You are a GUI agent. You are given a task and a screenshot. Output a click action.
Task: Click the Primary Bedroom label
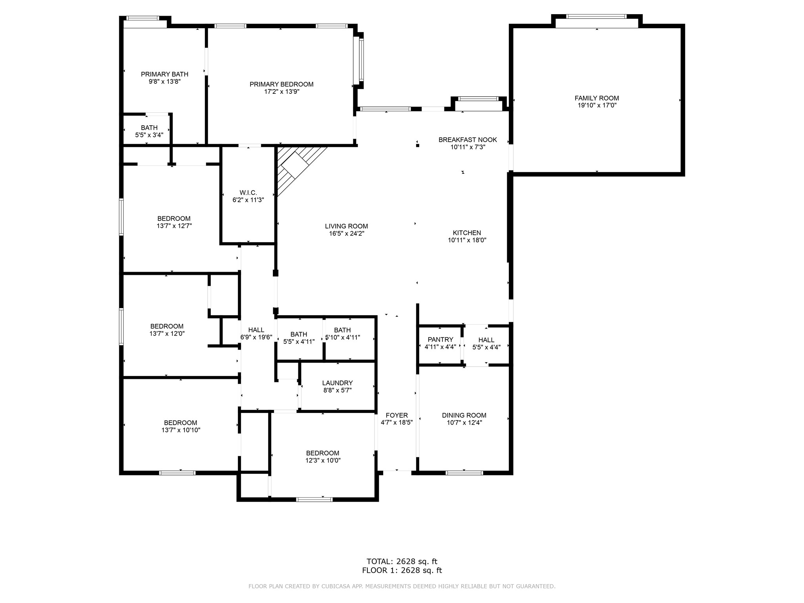point(281,84)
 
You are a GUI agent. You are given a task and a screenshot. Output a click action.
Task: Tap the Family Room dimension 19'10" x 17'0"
point(597,105)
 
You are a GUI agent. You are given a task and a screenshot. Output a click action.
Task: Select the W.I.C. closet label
point(248,193)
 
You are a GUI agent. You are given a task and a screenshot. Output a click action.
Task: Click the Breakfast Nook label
point(468,140)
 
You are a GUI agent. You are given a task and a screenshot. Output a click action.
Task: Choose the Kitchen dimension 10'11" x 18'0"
point(467,240)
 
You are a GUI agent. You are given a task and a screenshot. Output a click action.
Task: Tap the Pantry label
point(440,340)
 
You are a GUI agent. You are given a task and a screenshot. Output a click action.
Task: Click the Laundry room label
point(338,383)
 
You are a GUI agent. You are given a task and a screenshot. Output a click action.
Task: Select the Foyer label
point(397,415)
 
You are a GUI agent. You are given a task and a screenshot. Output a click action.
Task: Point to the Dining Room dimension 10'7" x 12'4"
point(464,423)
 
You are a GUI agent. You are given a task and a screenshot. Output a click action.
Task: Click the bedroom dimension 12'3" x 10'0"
point(323,460)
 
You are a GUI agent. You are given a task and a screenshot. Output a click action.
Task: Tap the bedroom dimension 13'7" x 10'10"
point(181,430)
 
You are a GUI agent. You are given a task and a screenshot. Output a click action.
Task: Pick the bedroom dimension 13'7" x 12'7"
point(174,226)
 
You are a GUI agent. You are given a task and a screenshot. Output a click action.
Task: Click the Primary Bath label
point(164,74)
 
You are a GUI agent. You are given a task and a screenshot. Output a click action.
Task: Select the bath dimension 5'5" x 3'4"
point(149,135)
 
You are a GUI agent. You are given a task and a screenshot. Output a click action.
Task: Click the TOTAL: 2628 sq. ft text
point(402,561)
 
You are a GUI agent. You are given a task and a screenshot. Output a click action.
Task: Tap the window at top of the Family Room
point(596,16)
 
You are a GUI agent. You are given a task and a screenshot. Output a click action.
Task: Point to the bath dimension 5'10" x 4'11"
point(342,337)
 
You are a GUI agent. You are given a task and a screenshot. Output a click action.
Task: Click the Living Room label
point(346,226)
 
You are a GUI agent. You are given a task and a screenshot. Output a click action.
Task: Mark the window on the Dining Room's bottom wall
point(464,473)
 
